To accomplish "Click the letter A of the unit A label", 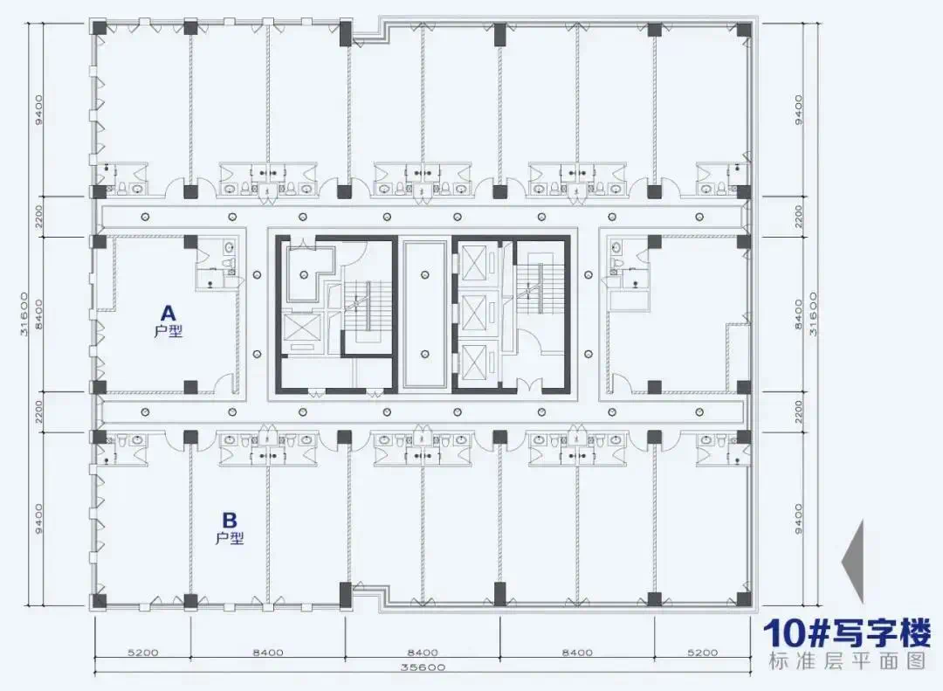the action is (168, 313).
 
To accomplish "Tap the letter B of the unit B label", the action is (229, 520).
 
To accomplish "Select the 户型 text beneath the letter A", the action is (168, 331).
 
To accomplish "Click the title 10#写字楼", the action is (847, 633).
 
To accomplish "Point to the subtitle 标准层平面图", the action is (847, 661).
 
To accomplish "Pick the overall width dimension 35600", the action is (423, 667).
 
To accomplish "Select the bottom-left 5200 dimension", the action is (143, 652).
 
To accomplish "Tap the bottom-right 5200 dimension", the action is (702, 652).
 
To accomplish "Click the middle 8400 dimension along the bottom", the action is (423, 652).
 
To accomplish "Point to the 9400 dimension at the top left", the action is (39, 109).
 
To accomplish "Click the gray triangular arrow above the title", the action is (853, 562).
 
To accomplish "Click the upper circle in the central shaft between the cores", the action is (425, 274).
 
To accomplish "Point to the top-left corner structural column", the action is (99, 28).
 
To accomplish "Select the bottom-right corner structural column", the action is (744, 599).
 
